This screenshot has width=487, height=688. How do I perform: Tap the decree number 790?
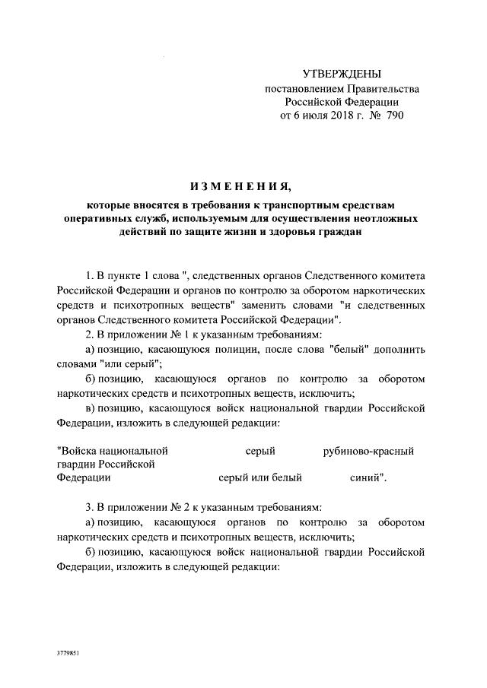(394, 116)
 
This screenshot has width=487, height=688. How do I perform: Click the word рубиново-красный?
(368, 452)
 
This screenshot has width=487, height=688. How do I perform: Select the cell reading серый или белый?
(260, 478)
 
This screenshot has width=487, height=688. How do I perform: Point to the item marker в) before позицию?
(90, 408)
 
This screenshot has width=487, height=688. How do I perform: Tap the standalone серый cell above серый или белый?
(260, 452)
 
